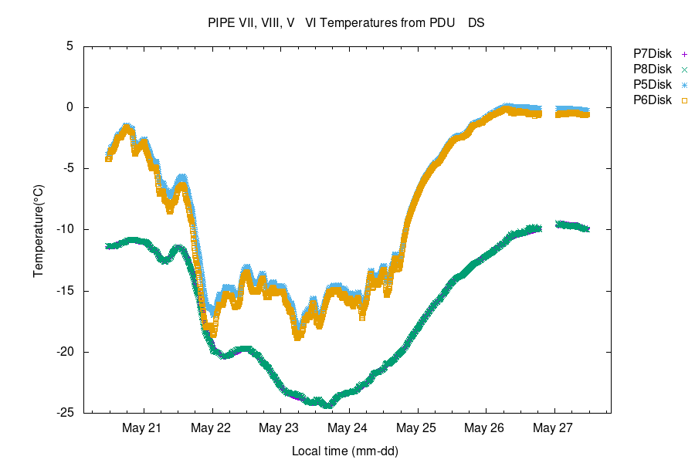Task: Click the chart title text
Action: [346, 23]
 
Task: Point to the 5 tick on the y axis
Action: [69, 46]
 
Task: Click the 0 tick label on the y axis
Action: [69, 107]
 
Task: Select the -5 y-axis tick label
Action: [66, 168]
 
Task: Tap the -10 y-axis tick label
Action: [64, 229]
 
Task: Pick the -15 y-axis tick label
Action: [64, 291]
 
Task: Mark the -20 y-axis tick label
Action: [64, 352]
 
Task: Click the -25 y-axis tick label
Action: [64, 413]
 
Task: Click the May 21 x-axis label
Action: [143, 428]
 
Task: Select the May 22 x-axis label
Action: [211, 428]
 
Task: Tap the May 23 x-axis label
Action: [280, 428]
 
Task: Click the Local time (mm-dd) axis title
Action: [345, 450]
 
